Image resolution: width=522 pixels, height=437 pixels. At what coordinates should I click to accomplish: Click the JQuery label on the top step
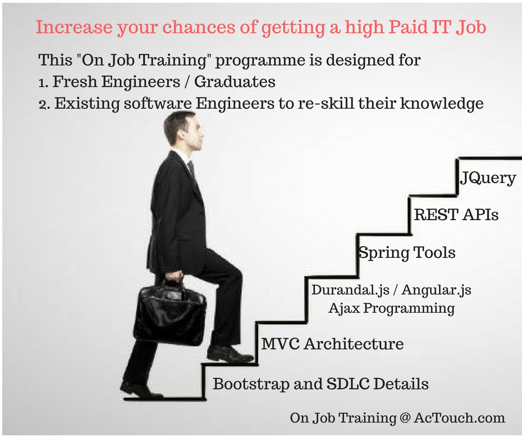tap(488, 179)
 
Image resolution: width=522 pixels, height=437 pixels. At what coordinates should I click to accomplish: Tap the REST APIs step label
tap(456, 215)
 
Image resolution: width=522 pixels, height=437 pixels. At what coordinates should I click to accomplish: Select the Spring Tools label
tap(407, 253)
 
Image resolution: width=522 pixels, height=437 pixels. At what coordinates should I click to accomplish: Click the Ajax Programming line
tap(391, 308)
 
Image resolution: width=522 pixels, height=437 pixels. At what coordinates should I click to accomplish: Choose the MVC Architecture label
tap(333, 344)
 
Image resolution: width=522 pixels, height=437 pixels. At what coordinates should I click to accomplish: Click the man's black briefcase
tap(169, 313)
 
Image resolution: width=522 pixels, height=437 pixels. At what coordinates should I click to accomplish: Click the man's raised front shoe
tap(229, 353)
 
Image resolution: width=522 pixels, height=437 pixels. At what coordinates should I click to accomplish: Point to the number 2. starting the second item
tap(44, 104)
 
